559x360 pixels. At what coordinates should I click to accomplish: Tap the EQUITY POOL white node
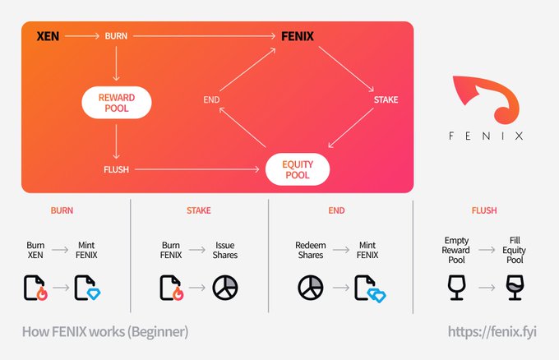coord(297,170)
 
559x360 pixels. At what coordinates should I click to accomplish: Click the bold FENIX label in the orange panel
coord(295,36)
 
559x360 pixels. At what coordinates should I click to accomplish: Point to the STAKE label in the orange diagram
coord(386,100)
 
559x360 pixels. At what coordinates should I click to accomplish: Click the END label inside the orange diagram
coord(210,100)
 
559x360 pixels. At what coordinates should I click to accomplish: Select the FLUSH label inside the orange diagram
coord(116,170)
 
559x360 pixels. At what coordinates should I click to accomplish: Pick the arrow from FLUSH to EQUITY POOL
coord(198,170)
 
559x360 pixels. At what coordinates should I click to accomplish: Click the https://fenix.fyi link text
coord(493,332)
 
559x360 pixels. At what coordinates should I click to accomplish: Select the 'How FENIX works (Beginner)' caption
coord(105,332)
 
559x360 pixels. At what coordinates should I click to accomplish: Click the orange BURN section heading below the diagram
coord(62,210)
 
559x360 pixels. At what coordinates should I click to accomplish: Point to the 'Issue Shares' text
coord(225,251)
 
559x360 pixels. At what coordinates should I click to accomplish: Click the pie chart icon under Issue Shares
coord(225,288)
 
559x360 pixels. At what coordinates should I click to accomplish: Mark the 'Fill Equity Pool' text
coord(514,251)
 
